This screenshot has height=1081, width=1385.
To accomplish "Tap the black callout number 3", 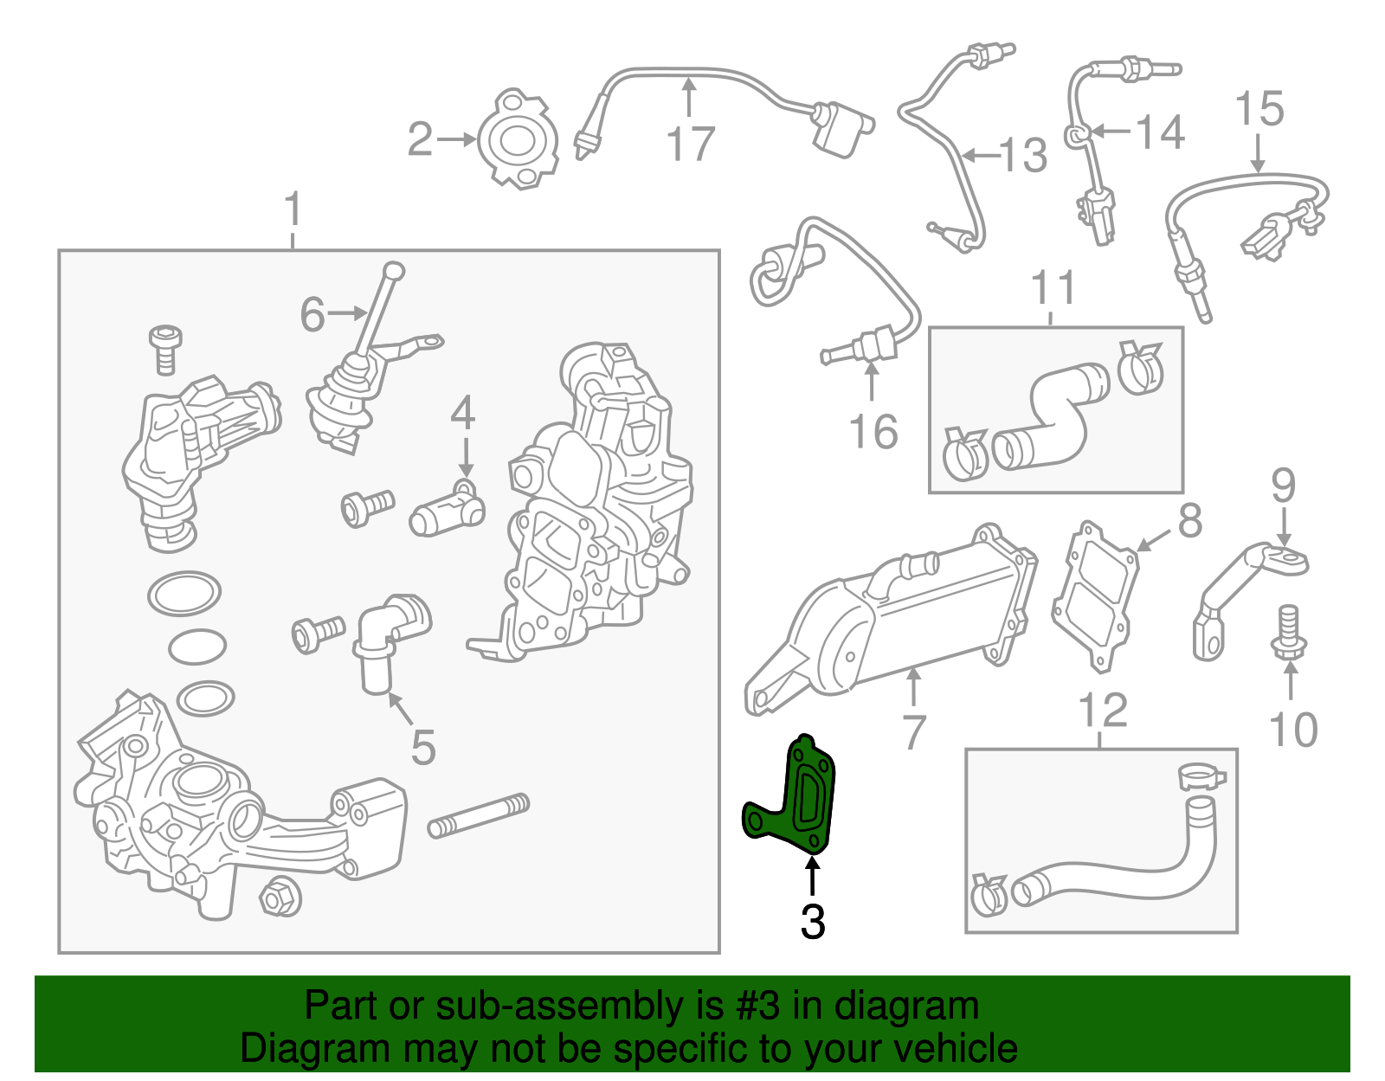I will coord(812,923).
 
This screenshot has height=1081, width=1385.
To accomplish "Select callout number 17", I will coord(691,145).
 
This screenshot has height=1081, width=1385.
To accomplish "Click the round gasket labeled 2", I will coord(518,139).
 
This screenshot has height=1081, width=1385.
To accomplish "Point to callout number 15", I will coord(1259,110).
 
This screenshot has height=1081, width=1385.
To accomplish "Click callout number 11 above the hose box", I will coord(1053,288).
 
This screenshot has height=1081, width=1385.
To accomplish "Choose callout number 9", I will coord(1283,486).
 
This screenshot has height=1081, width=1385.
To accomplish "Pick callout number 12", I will coord(1103,711).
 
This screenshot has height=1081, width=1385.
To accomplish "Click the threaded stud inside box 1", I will coord(479,815).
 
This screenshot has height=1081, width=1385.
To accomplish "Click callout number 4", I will coord(463,414).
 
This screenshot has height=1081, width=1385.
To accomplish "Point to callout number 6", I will coord(312,314).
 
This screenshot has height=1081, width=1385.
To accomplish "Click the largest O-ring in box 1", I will coord(184,594).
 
